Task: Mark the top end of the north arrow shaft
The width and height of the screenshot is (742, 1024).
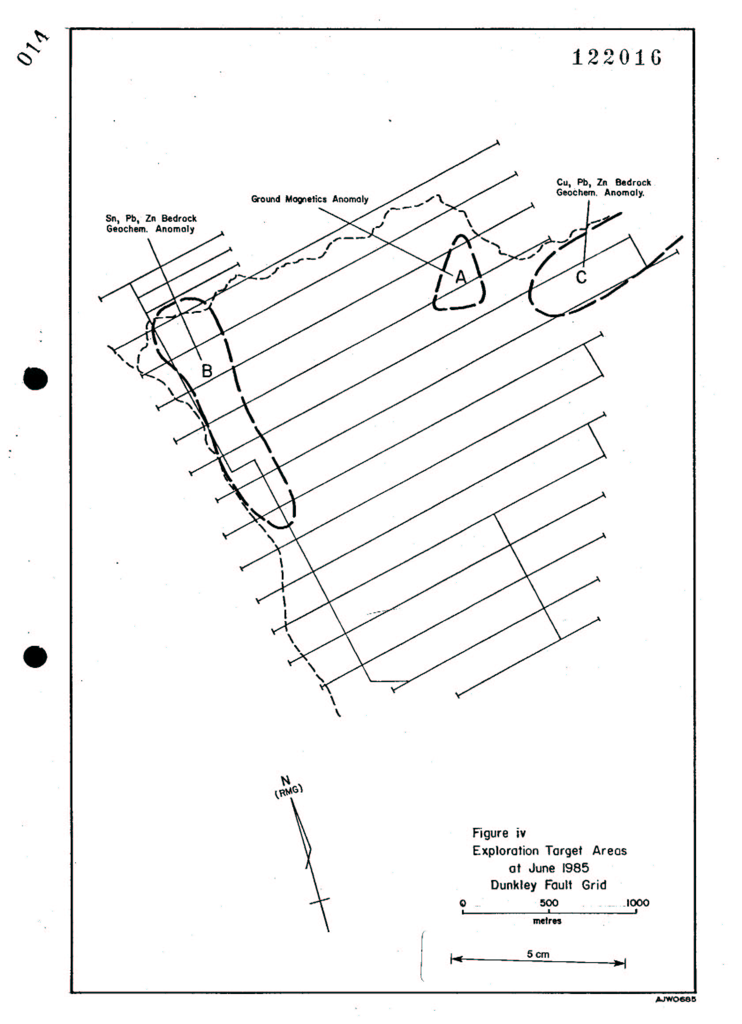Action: pyautogui.click(x=291, y=799)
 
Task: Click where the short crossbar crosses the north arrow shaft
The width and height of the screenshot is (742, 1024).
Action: pyautogui.click(x=319, y=898)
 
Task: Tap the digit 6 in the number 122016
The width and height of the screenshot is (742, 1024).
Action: pyautogui.click(x=655, y=58)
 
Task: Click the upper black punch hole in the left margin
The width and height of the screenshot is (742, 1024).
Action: pyautogui.click(x=35, y=378)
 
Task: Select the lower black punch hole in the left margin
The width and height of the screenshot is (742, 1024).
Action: pyautogui.click(x=35, y=656)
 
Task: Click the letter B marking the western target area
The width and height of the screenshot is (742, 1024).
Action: pyautogui.click(x=207, y=371)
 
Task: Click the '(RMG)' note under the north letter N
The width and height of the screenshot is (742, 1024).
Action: pyautogui.click(x=289, y=791)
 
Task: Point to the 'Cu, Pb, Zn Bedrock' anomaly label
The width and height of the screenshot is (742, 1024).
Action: pyautogui.click(x=603, y=182)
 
